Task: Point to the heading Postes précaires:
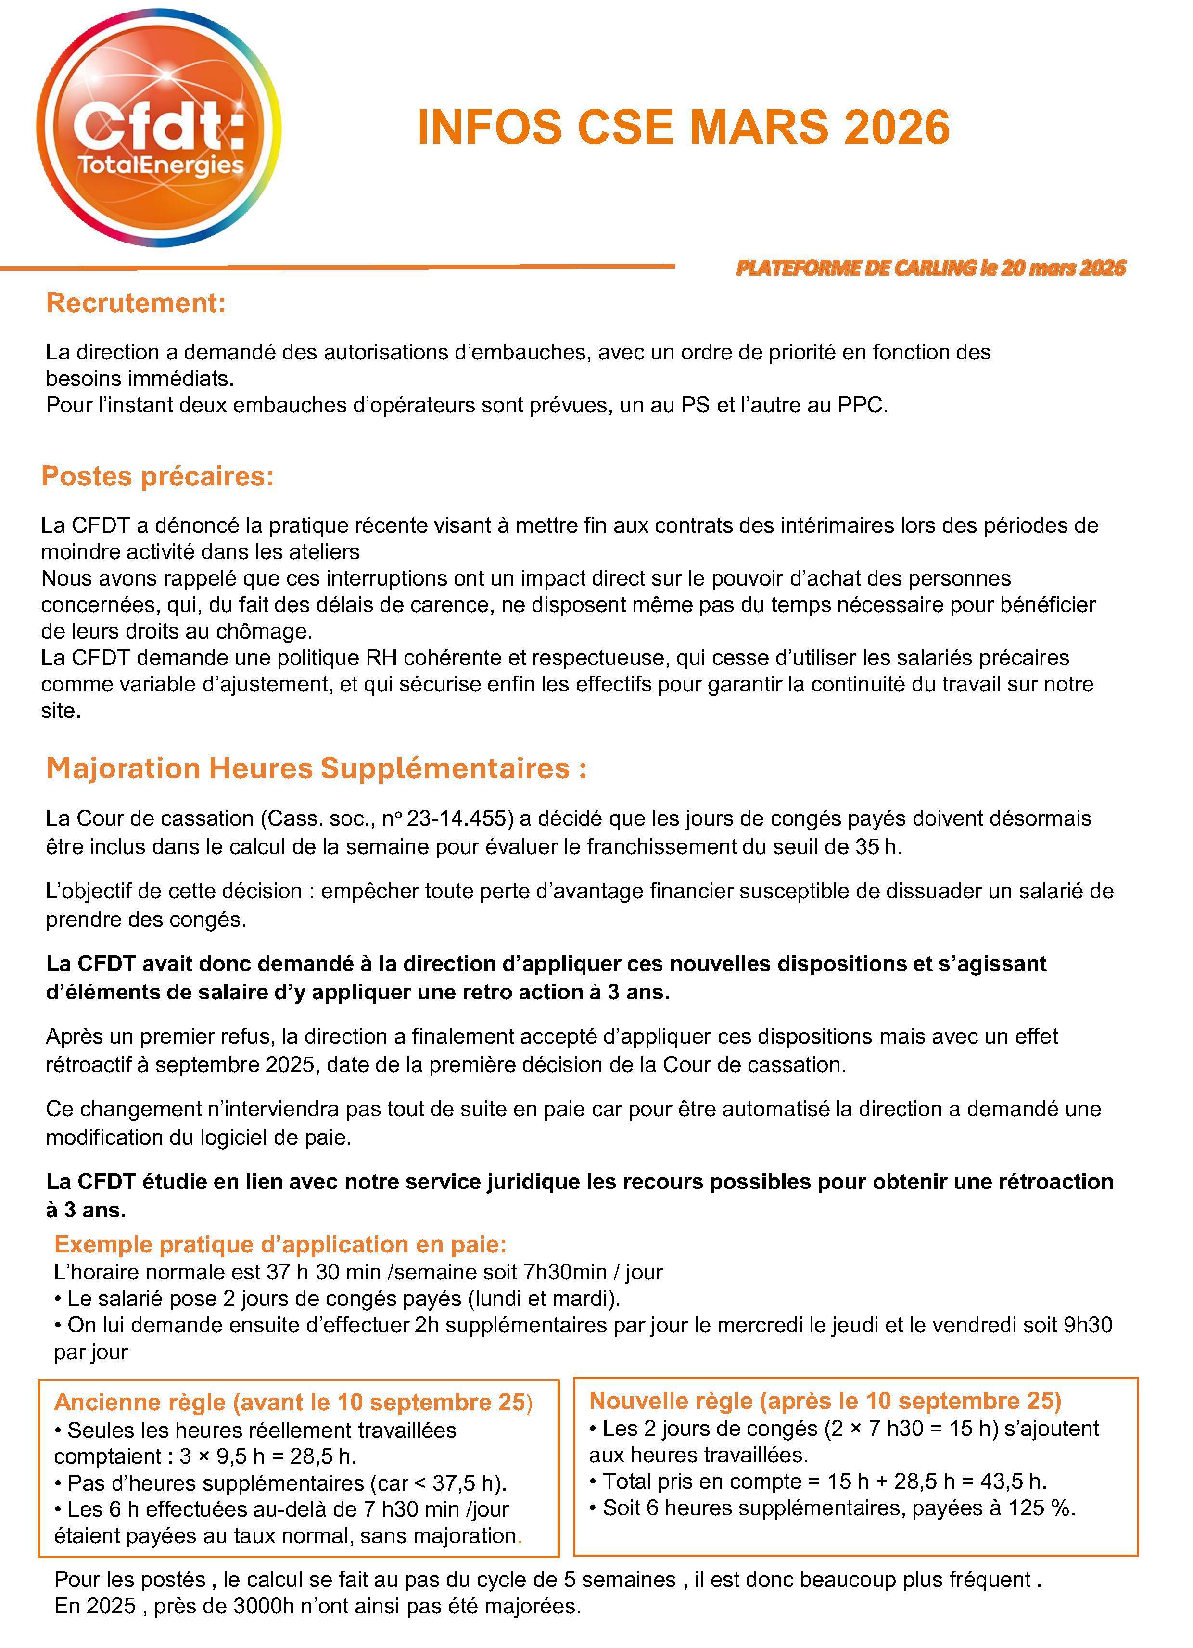point(158,476)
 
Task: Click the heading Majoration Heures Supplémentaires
point(316,768)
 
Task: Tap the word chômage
point(266,631)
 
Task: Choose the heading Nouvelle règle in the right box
point(825,1400)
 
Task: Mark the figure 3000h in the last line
point(264,1606)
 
